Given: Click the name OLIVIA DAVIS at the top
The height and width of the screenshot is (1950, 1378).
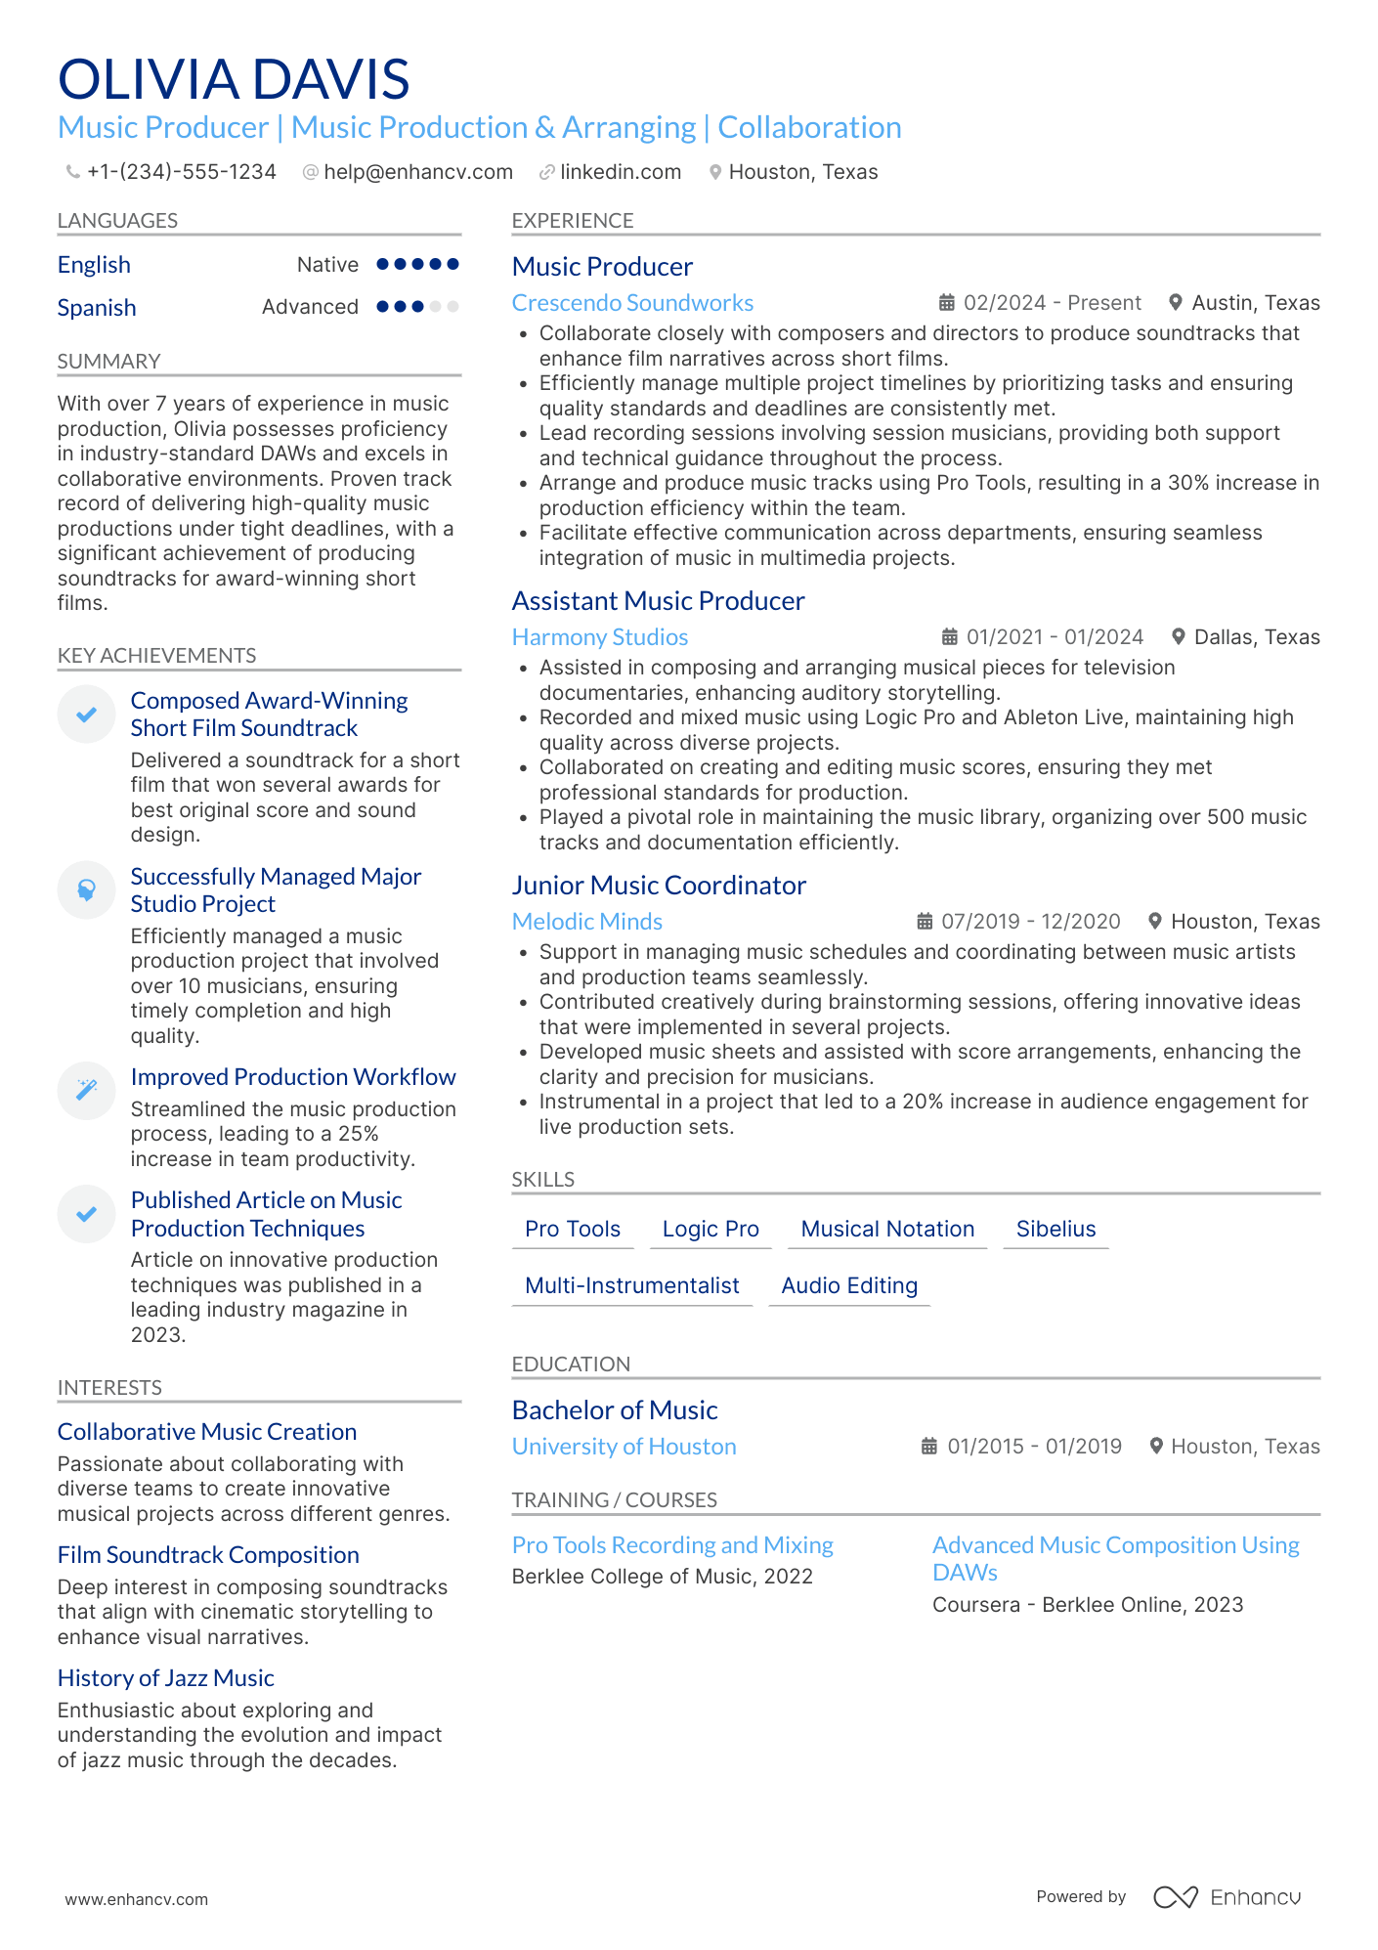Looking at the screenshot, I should (234, 79).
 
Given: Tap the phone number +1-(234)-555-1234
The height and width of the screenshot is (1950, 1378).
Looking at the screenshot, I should (181, 172).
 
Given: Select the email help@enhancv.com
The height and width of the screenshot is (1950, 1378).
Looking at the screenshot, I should (417, 172).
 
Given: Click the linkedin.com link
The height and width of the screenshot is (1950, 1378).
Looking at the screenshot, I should (620, 172).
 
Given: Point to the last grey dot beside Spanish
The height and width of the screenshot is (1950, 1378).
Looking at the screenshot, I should (452, 307).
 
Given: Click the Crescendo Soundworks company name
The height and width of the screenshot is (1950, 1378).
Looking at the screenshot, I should (632, 303).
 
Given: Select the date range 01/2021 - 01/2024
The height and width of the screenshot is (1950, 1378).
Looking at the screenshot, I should (1054, 637).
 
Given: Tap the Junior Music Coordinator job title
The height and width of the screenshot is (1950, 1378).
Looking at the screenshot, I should (659, 886).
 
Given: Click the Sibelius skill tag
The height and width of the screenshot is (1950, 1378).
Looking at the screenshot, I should (1055, 1230).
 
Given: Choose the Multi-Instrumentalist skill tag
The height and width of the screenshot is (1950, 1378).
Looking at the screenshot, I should (631, 1286).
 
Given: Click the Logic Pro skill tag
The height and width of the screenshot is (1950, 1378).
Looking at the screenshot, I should (711, 1230).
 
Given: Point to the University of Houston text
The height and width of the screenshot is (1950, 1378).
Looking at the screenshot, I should (624, 1447).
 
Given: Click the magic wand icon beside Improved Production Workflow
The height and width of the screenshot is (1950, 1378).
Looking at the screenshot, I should (87, 1089).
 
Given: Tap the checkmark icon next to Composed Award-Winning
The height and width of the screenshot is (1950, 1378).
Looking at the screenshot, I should (87, 715).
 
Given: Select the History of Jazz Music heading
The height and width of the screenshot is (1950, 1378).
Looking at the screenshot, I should (165, 1678).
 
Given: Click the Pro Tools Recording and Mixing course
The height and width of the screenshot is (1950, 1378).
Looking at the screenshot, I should (672, 1545).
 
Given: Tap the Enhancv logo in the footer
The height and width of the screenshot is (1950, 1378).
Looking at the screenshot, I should (1227, 1897).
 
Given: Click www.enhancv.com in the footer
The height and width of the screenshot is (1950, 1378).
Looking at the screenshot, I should (136, 1899).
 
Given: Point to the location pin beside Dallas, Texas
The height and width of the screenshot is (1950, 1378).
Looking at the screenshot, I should (1178, 637).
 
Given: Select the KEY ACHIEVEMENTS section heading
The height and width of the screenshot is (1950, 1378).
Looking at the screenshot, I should (156, 656).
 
